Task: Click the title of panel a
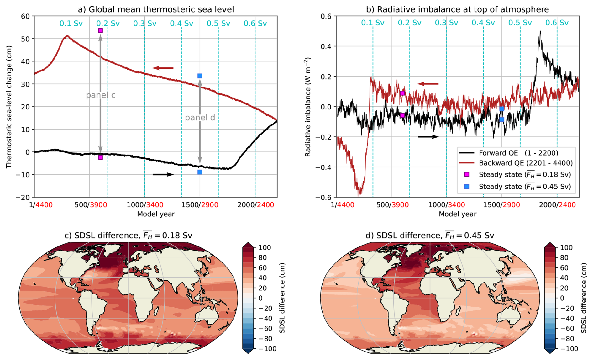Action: click(x=156, y=9)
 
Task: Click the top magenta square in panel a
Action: click(x=100, y=30)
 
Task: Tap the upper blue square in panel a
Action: click(x=200, y=76)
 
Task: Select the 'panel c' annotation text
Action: click(x=101, y=95)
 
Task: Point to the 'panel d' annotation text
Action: click(x=200, y=118)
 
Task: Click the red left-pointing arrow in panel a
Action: click(x=163, y=68)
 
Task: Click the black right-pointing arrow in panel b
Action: click(x=428, y=137)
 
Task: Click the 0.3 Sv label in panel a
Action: click(x=144, y=24)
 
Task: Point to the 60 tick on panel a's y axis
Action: click(x=25, y=16)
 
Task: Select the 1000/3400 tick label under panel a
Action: click(x=145, y=205)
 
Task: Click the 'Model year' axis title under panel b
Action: click(x=457, y=214)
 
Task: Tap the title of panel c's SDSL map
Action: click(x=128, y=235)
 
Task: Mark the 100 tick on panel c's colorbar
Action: click(x=265, y=248)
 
